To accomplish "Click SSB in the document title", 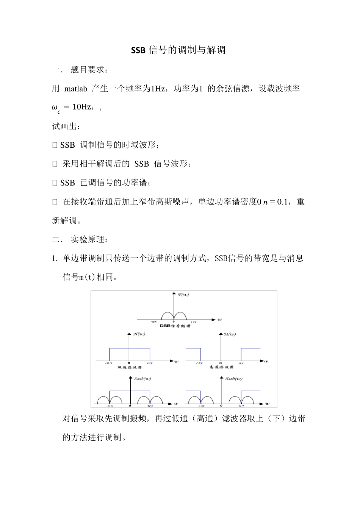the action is [x=138, y=50].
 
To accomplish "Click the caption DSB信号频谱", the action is [x=175, y=326].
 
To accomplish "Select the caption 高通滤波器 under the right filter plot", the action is [x=221, y=367].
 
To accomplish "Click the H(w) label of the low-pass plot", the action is [x=139, y=334].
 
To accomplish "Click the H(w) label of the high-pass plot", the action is [x=230, y=334].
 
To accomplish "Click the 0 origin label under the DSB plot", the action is [x=173, y=322].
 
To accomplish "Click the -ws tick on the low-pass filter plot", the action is [x=108, y=363].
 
